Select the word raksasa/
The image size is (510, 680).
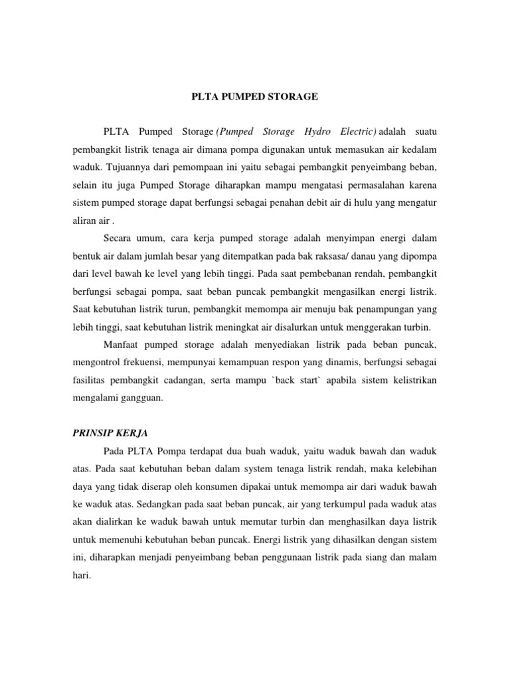point(356,255)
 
